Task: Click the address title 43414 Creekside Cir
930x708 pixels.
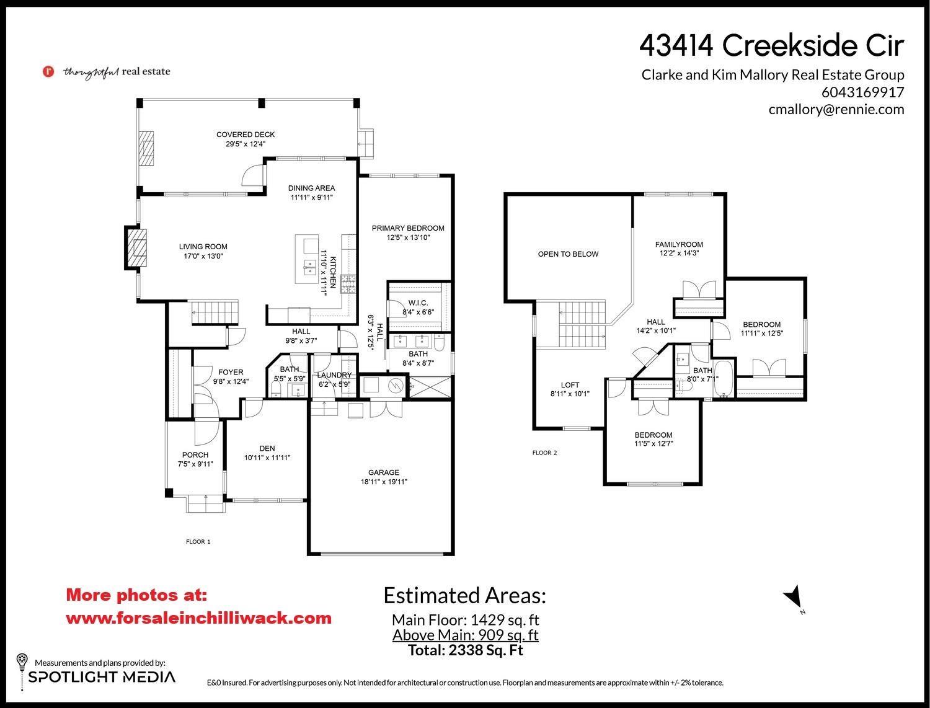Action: tap(771, 45)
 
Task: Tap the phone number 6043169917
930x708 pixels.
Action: tap(862, 92)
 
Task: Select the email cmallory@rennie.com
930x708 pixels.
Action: tap(836, 110)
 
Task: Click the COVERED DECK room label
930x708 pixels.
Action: tap(246, 135)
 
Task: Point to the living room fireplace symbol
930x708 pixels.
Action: tap(137, 248)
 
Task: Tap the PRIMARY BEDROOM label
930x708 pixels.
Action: tap(408, 228)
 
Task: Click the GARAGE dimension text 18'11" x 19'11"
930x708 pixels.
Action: tap(384, 482)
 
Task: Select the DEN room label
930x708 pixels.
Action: tap(267, 448)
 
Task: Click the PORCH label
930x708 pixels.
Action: tap(195, 455)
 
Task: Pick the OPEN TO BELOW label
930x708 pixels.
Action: tap(568, 254)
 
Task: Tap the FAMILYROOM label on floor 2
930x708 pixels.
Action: tap(679, 244)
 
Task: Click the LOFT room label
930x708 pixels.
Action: tap(570, 385)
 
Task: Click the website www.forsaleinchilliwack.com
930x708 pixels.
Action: tap(198, 618)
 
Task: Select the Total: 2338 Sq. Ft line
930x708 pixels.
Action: tap(465, 650)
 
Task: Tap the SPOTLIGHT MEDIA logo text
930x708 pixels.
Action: tap(102, 676)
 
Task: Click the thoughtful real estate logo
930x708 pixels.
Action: tap(106, 71)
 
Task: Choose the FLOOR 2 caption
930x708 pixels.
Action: tap(544, 453)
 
